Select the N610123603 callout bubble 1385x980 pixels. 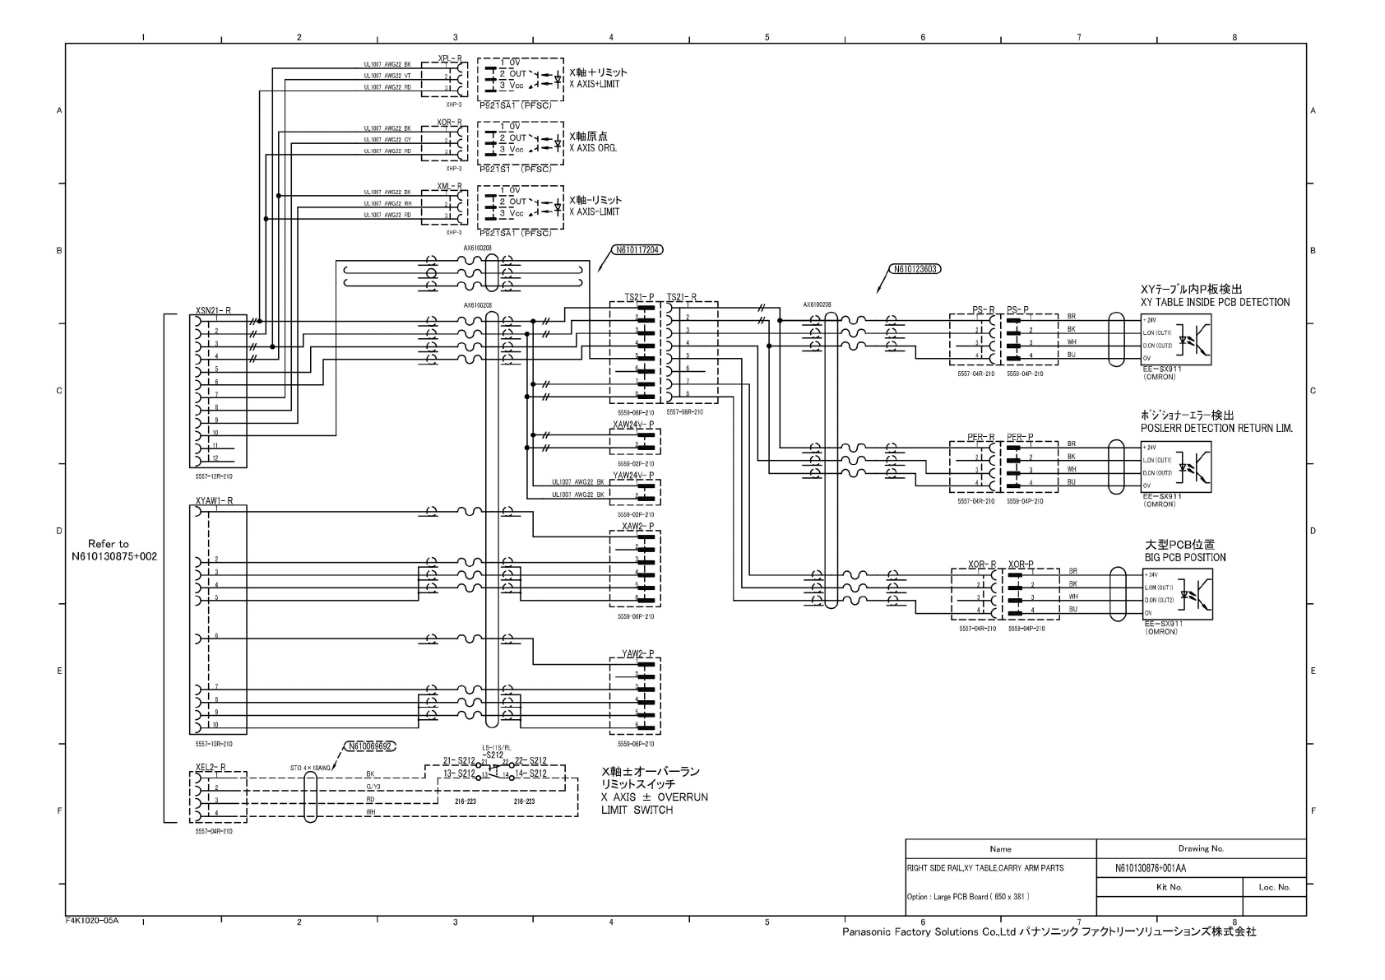coord(915,268)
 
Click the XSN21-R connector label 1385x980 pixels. coord(213,310)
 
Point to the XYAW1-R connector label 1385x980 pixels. coord(214,500)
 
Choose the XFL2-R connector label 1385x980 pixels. coord(211,767)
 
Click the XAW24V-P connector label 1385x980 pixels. coord(633,425)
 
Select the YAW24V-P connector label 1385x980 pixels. coord(633,476)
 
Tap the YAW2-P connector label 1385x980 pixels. coord(637,654)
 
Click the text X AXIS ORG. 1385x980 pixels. coord(592,148)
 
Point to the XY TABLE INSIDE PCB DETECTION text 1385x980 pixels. coord(1215,302)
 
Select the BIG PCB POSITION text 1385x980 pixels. coord(1184,557)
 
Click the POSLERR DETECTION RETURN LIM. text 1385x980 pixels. coord(1216,428)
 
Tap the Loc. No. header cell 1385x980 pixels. coord(1274,887)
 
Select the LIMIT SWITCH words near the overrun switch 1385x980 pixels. coord(637,810)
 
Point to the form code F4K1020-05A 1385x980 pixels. coord(92,920)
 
